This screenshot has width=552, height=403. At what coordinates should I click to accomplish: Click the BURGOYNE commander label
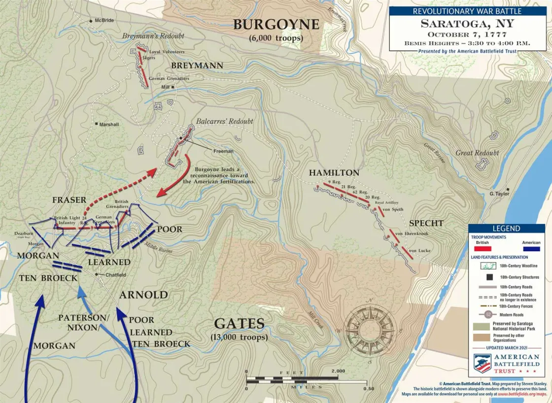276,25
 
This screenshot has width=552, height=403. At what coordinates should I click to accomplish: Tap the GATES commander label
239,324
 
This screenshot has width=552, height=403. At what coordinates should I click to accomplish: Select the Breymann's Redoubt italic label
153,36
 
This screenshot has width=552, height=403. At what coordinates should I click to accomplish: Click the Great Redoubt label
477,153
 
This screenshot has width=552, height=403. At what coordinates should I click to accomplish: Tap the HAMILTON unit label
334,173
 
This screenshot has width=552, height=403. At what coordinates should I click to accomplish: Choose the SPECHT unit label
426,223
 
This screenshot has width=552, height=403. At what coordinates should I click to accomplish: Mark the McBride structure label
104,21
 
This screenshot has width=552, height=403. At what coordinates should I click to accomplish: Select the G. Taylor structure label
499,194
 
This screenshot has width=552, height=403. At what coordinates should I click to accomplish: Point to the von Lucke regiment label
419,251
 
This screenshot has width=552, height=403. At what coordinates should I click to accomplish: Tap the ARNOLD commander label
143,295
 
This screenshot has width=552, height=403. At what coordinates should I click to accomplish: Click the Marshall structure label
109,125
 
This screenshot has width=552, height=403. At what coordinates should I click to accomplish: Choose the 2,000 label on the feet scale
338,371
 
